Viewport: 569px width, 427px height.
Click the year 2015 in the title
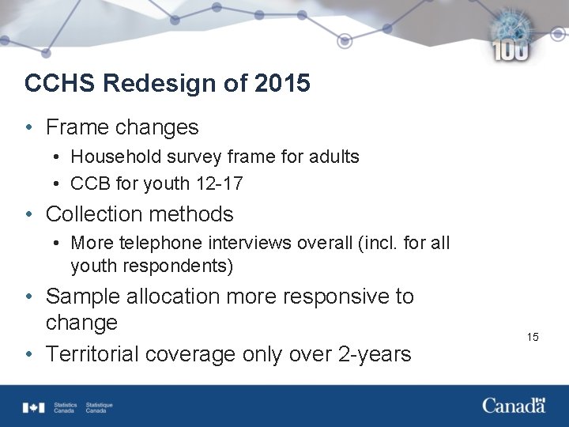point(282,83)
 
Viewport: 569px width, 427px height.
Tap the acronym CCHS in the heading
point(60,83)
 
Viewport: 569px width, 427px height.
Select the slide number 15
point(533,338)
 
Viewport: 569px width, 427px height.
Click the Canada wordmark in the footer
point(514,406)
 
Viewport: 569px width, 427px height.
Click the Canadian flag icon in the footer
point(34,407)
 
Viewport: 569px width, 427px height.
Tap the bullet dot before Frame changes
point(28,127)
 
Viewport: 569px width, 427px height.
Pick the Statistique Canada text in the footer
point(99,408)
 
